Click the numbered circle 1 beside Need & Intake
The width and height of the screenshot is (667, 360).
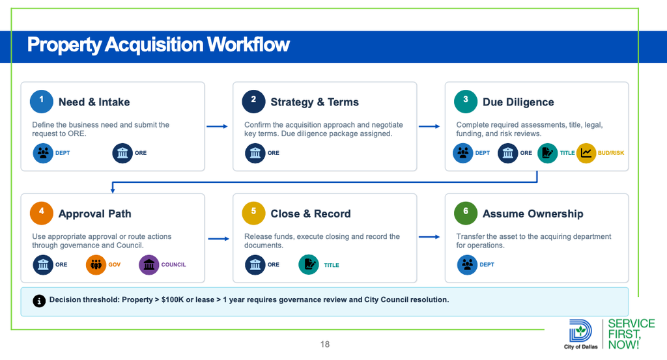[x=41, y=101]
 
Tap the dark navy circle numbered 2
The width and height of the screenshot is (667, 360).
[x=253, y=101]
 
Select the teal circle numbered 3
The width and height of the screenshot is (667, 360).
[x=465, y=101]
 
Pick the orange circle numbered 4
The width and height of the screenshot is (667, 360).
[x=41, y=213]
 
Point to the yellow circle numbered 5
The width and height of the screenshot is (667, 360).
[x=253, y=213]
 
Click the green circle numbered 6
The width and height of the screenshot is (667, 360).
[x=465, y=213]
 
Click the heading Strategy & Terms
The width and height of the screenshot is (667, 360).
[x=315, y=102]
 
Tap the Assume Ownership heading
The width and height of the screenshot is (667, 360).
[x=533, y=214]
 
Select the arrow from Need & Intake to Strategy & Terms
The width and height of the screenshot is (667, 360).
[x=217, y=126]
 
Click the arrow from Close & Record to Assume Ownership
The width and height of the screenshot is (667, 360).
[x=429, y=237]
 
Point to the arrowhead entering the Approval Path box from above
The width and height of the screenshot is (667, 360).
[x=113, y=191]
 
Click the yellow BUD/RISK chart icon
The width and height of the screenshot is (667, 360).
[x=586, y=153]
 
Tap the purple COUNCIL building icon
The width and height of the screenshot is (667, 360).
[x=149, y=265]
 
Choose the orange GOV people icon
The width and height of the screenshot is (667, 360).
[x=96, y=265]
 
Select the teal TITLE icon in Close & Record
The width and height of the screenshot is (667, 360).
[x=309, y=265]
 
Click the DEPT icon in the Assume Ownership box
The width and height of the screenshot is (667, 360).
[x=467, y=265]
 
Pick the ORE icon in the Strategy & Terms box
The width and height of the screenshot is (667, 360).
[x=255, y=153]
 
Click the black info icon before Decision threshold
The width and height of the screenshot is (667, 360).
[x=39, y=301]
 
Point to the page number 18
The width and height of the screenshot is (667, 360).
[x=325, y=344]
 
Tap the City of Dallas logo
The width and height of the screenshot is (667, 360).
[x=580, y=334]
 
